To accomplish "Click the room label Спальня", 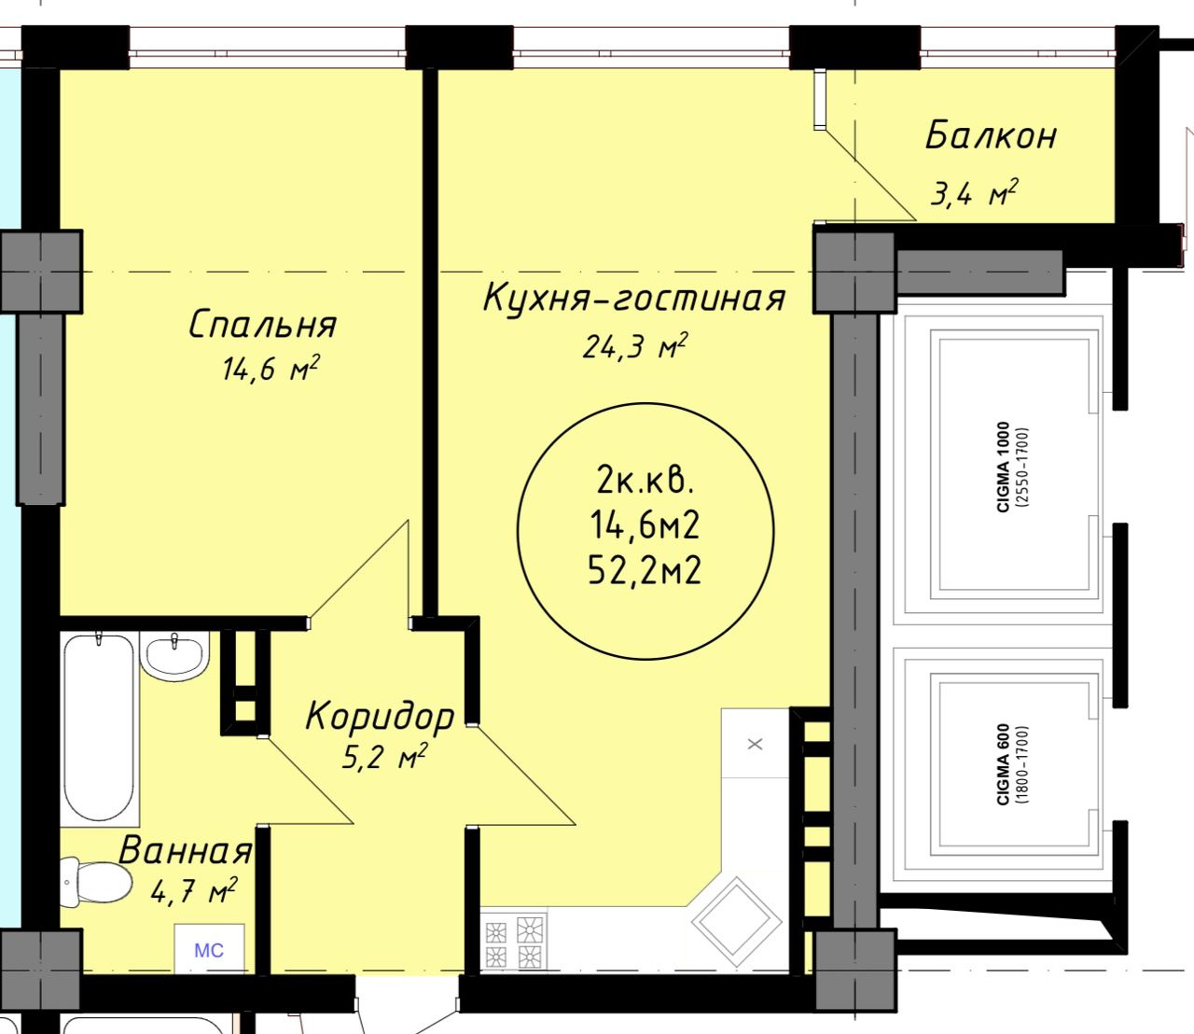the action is pyautogui.click(x=262, y=324).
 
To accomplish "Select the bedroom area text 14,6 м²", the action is pyautogui.click(x=271, y=369).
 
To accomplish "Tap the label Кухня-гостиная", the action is pyautogui.click(x=633, y=298).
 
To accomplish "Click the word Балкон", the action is pyautogui.click(x=991, y=135).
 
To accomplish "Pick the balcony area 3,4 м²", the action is pyautogui.click(x=973, y=192).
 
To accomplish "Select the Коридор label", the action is pyautogui.click(x=380, y=718).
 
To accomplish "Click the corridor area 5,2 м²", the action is pyautogui.click(x=384, y=757).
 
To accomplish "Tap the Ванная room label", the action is pyautogui.click(x=186, y=850).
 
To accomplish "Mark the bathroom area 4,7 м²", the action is pyautogui.click(x=193, y=890).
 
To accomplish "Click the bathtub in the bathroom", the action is pyautogui.click(x=99, y=727).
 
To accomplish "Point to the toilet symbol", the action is pyautogui.click(x=96, y=882).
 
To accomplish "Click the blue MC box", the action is pyautogui.click(x=209, y=951).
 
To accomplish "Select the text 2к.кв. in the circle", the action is pyautogui.click(x=645, y=482).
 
